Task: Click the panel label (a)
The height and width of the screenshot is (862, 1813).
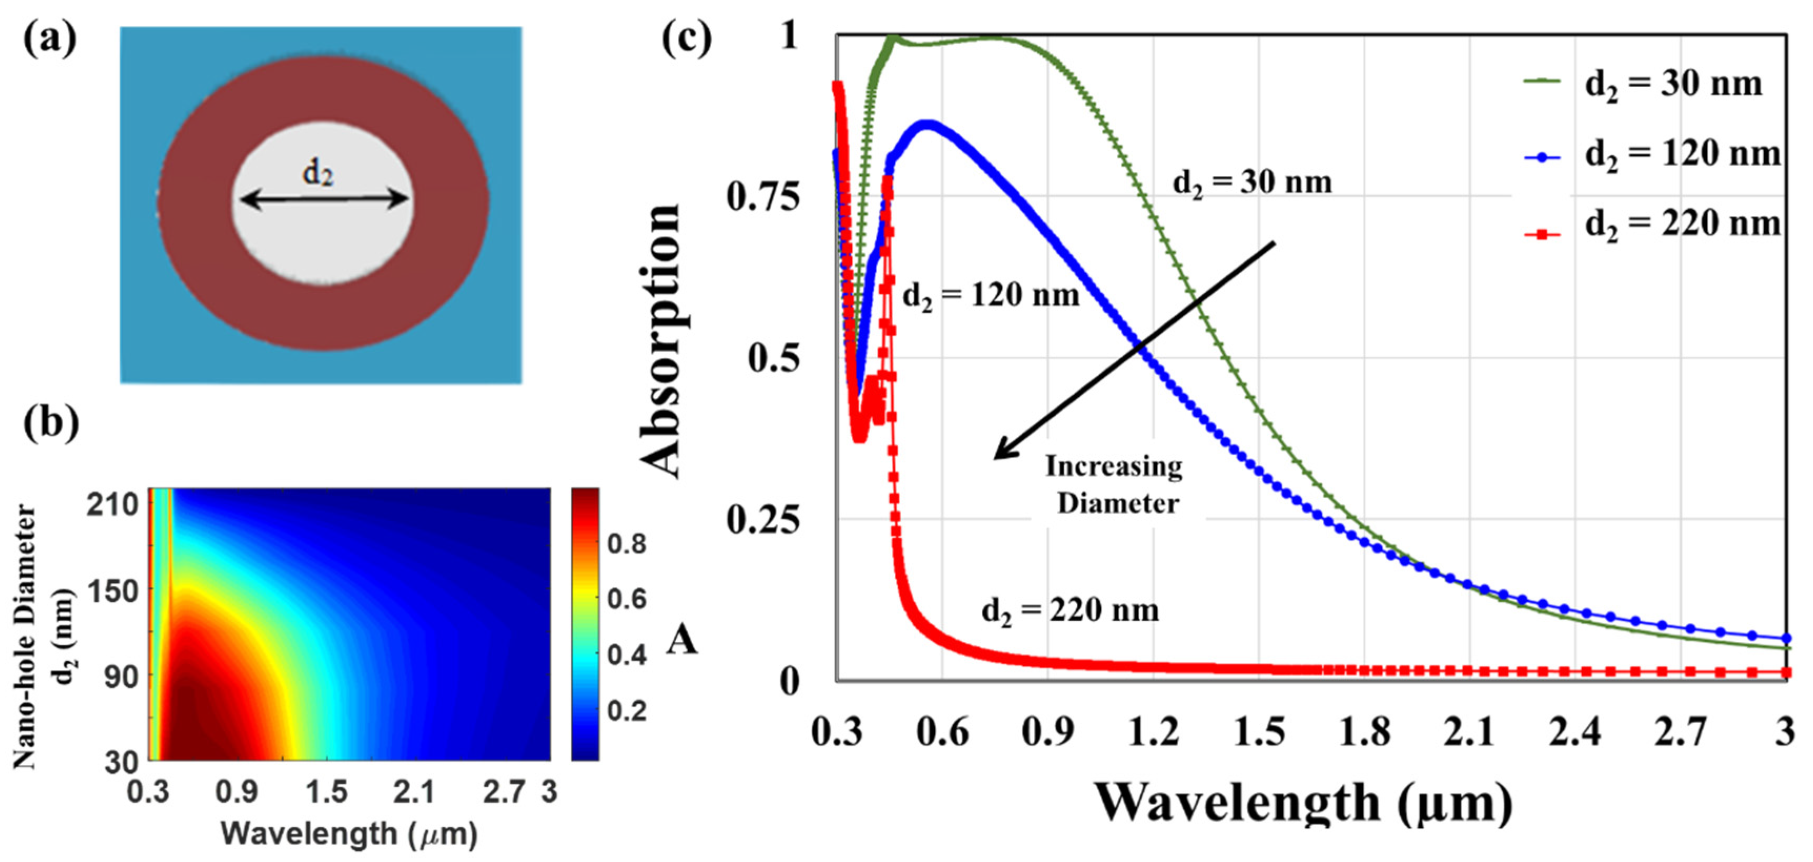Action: (49, 39)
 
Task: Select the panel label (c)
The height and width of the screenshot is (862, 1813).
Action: (687, 39)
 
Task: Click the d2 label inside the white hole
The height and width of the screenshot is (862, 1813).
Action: (318, 171)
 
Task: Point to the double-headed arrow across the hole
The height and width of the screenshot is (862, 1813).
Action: (324, 201)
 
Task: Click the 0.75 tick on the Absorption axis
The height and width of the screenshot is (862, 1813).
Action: (763, 197)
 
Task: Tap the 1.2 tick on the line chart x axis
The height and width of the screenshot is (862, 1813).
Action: (1153, 732)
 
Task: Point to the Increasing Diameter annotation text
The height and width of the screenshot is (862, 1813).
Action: (1116, 485)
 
